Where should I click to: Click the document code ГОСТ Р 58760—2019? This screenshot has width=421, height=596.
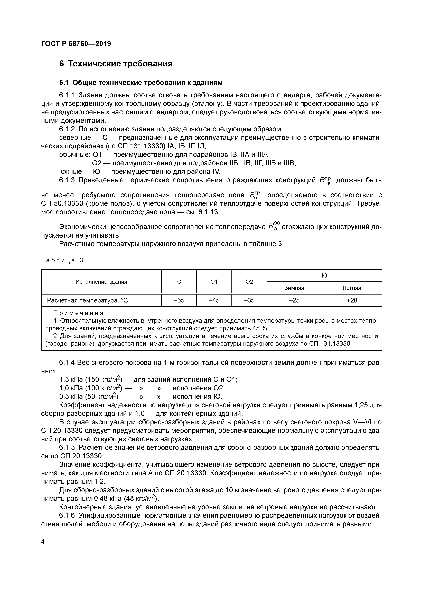pos(76,44)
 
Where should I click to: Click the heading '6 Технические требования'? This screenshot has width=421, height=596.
pos(116,64)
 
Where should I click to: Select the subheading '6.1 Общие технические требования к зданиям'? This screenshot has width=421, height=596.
pos(141,83)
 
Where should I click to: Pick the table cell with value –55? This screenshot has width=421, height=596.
pos(179,300)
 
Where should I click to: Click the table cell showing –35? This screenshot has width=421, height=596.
pos(249,300)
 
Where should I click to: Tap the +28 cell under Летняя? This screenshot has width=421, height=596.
pos(352,300)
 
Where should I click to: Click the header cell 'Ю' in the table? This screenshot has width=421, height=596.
pos(324,276)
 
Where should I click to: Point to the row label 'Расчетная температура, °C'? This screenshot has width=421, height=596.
pos(87,300)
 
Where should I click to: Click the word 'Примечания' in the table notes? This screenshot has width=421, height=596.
pos(78,313)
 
